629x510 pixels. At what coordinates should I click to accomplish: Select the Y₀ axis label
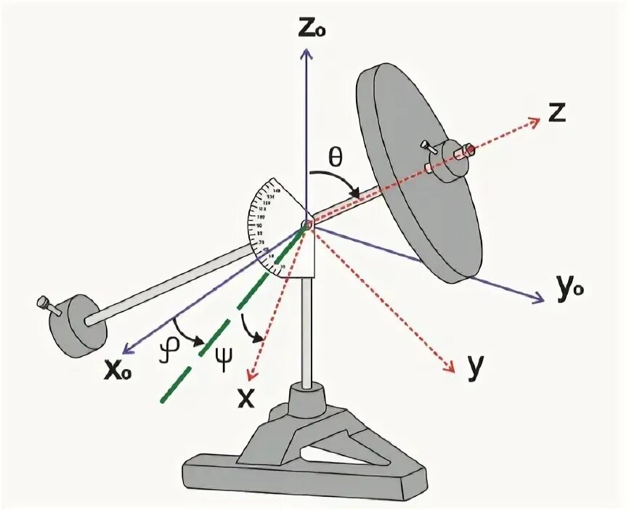569,291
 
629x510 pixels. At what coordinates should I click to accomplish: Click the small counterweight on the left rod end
78,325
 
